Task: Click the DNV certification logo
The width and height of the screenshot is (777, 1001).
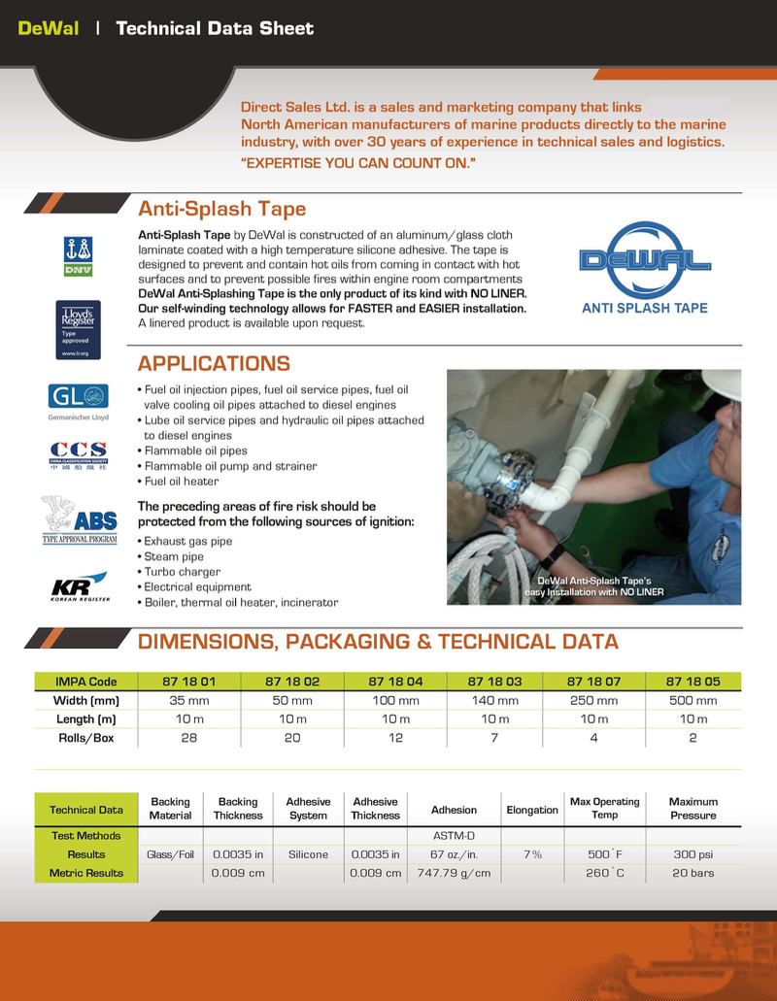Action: click(x=78, y=255)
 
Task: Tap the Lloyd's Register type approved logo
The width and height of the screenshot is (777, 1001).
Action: click(x=78, y=330)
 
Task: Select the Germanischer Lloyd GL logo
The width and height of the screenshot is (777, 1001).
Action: click(x=78, y=398)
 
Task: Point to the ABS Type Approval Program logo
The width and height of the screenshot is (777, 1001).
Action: click(x=80, y=520)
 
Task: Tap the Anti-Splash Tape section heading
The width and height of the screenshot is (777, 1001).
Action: click(x=221, y=209)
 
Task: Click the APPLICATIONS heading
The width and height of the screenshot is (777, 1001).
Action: click(x=214, y=364)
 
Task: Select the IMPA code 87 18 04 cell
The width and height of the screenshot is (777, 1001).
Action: click(x=395, y=682)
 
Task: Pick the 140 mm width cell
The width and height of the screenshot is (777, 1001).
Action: click(x=494, y=700)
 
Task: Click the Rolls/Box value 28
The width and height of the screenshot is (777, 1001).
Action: click(x=187, y=737)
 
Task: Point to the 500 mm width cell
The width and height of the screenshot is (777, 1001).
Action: click(x=693, y=700)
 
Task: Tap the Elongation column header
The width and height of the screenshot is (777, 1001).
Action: click(x=532, y=810)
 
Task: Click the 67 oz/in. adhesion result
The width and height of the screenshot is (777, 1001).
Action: click(x=454, y=854)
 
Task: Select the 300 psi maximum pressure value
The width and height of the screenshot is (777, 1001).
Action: click(x=693, y=854)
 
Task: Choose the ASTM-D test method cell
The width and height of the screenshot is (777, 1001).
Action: click(x=454, y=836)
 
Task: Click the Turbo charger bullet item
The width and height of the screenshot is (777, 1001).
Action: click(x=182, y=572)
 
